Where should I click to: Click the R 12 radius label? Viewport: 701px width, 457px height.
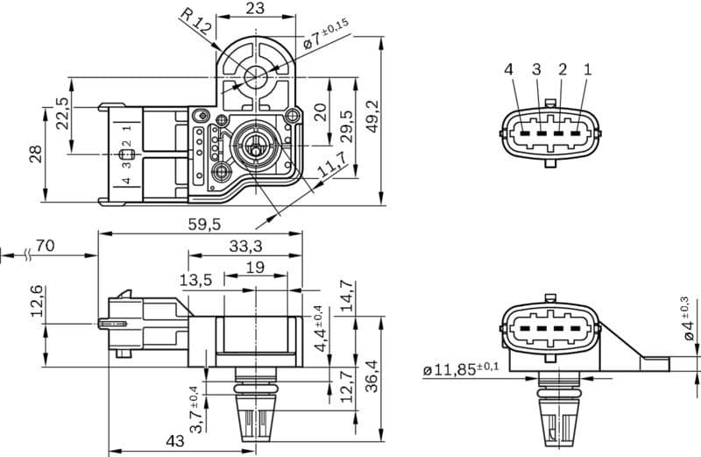[195, 20]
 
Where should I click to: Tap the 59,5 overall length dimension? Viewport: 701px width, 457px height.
[203, 225]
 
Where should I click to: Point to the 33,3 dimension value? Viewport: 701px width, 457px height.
[245, 246]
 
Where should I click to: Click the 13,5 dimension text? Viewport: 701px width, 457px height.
[195, 280]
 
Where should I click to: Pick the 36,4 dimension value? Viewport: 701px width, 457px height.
[372, 376]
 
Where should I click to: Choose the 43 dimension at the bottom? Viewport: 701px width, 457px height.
[174, 441]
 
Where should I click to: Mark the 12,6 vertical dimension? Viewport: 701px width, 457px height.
[36, 303]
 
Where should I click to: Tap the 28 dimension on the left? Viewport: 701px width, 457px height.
[35, 154]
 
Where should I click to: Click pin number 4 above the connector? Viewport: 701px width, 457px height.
[509, 69]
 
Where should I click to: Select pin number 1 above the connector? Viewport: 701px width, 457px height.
[587, 69]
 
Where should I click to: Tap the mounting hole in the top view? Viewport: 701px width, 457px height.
[255, 75]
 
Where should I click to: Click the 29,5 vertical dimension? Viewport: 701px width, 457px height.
[346, 127]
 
